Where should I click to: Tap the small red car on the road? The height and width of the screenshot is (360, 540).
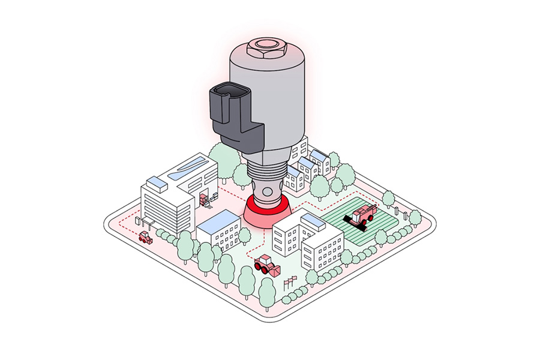tap(145, 237)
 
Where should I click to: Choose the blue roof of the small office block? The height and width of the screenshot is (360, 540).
tap(217, 221)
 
